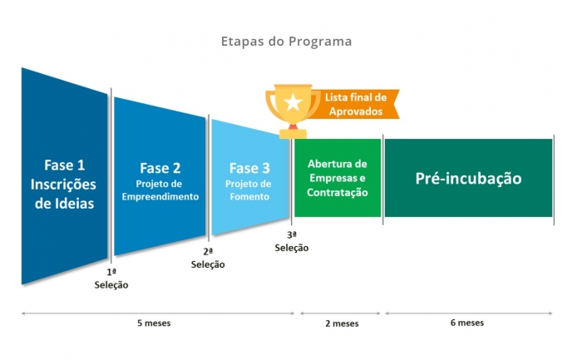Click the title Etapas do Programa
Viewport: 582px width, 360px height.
pos(286,42)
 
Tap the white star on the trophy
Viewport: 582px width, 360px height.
pos(293,102)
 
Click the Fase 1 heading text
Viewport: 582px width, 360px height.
pos(65,165)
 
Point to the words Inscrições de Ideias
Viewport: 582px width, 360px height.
pos(63,194)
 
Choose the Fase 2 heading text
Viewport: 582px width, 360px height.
pos(160,168)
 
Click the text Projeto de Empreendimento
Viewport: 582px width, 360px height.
pos(160,190)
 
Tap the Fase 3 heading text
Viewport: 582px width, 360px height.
pos(249,168)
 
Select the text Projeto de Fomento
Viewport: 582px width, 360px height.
pos(249,190)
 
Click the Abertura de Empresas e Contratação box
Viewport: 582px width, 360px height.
pos(338,178)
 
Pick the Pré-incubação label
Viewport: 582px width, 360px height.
pos(468,179)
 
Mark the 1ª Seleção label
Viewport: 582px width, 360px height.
pos(111,279)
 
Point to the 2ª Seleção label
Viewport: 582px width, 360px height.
pos(208,258)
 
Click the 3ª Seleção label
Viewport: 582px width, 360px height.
pos(292,241)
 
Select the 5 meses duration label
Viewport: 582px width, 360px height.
pos(154,323)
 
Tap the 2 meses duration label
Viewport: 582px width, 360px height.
pos(342,323)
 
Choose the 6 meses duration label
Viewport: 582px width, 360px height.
pos(467,323)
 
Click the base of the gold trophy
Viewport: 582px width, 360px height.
pos(293,134)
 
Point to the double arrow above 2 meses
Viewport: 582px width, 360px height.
pos(340,313)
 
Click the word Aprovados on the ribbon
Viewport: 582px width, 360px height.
pos(356,111)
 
